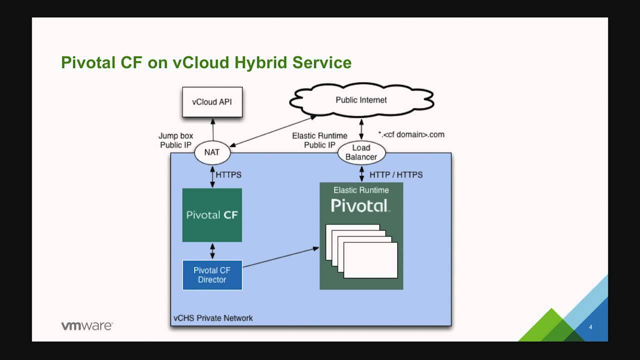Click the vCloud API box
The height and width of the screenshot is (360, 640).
coord(212,102)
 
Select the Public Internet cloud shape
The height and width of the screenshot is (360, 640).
coord(361,100)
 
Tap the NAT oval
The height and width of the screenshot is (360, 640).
coord(212,152)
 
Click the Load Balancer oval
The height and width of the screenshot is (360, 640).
coord(361,152)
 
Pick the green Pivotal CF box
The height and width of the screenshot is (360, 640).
coord(212,215)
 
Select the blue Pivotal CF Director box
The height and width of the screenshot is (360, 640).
coord(212,275)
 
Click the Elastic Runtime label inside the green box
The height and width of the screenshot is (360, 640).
coord(361,190)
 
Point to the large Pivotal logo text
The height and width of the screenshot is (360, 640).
coord(360,205)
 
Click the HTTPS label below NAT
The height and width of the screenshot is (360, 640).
coord(228,175)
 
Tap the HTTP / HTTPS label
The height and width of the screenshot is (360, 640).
coord(395,175)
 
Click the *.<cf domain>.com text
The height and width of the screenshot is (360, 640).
coord(411,134)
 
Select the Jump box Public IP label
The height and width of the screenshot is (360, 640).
coord(175,140)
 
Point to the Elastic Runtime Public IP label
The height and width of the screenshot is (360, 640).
coord(319,140)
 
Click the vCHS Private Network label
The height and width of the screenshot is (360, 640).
coord(213,318)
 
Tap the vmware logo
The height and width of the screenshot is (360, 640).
coord(87,326)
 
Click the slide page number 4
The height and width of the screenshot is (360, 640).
coord(590,327)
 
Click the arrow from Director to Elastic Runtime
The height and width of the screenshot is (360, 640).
coord(280,257)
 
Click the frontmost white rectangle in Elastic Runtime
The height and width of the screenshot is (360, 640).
coord(370,260)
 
